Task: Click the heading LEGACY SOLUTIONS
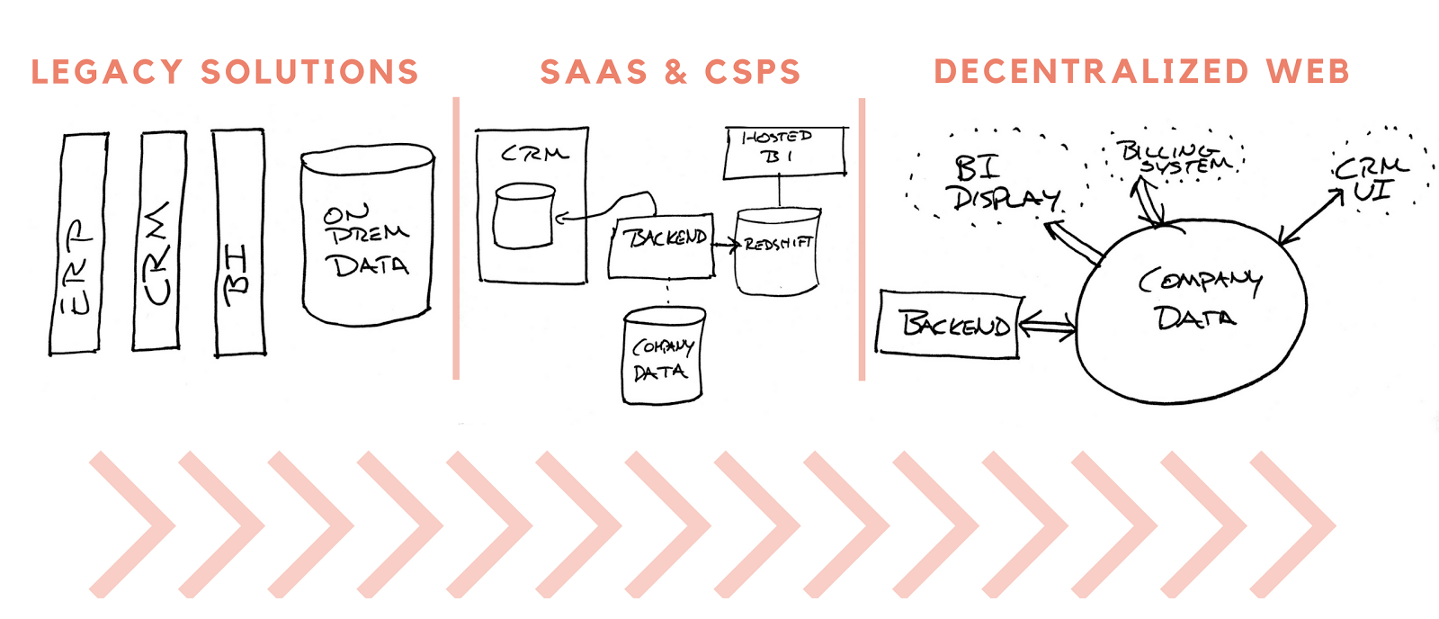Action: point(225,71)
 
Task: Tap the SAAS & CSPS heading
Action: point(671,71)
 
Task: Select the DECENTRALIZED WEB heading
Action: point(1141,71)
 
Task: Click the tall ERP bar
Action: point(79,244)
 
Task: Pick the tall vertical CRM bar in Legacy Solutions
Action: point(159,241)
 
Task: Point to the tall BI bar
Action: point(239,242)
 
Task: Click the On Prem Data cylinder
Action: point(368,235)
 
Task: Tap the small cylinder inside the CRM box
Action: point(523,216)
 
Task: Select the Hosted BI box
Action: point(785,152)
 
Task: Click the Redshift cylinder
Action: point(778,251)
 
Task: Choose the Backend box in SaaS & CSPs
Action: point(661,247)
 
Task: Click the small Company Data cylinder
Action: point(664,354)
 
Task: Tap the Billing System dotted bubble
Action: point(1175,157)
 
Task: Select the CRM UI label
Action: point(1371,179)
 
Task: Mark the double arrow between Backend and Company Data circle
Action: point(1047,325)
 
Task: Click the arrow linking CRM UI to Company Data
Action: point(1310,217)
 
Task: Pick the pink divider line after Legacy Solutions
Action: point(456,238)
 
